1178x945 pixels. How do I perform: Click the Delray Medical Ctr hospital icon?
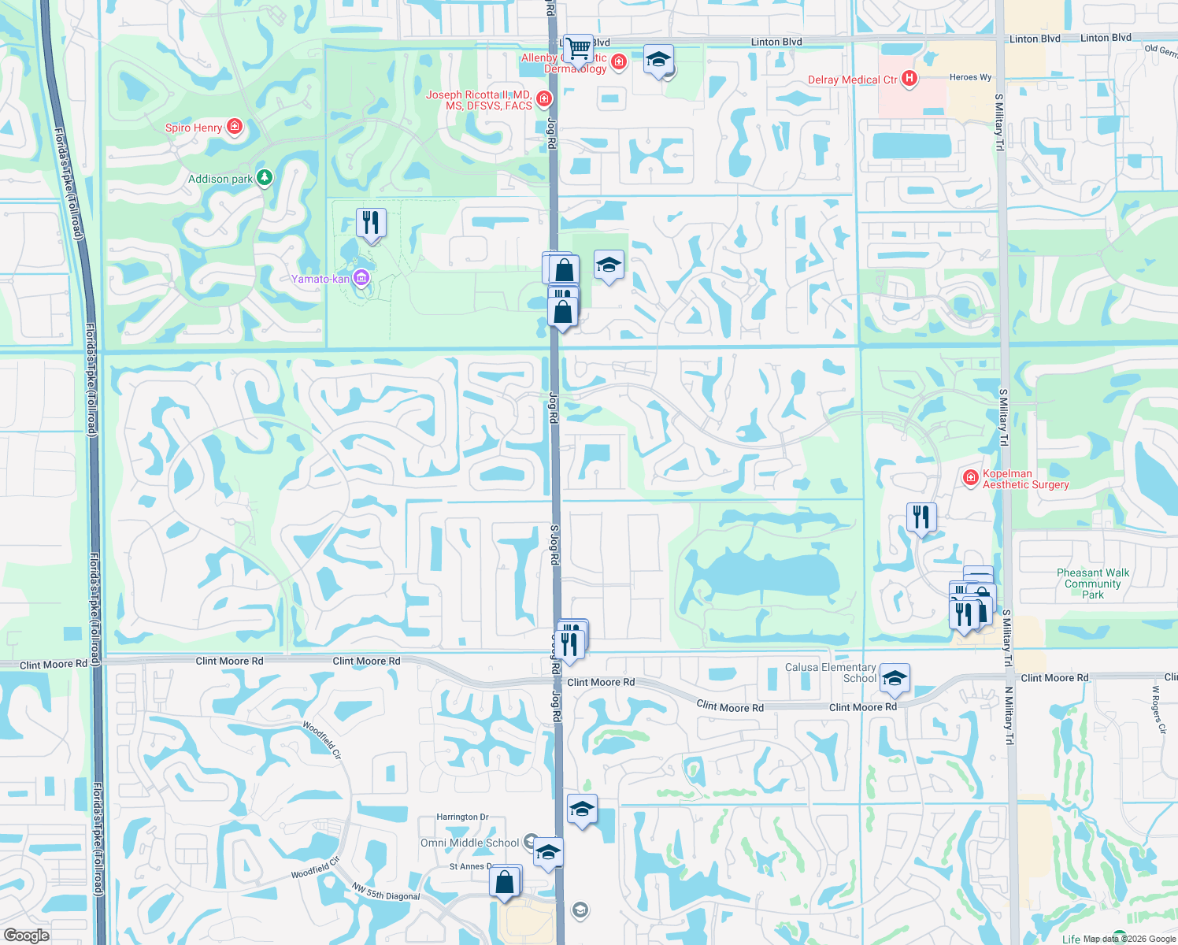(909, 78)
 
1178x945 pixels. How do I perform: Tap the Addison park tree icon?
(265, 177)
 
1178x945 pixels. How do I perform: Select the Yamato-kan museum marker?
(361, 277)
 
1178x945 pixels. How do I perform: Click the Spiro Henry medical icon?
(234, 126)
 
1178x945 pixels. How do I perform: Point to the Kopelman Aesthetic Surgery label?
(1025, 479)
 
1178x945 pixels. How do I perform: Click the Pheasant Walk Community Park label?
(1092, 584)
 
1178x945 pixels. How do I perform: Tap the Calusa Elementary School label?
(830, 673)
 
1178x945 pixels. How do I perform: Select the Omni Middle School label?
(469, 843)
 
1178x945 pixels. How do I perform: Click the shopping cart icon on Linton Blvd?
(579, 49)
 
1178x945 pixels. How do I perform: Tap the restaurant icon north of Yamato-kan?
(371, 223)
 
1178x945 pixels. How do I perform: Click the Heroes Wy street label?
(970, 77)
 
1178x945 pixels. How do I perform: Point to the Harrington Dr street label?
(462, 817)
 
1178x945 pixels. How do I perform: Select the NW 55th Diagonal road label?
(385, 891)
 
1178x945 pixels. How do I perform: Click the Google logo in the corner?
(26, 935)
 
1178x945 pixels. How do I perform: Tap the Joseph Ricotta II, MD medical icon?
(543, 98)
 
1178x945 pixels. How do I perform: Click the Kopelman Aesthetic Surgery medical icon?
(971, 477)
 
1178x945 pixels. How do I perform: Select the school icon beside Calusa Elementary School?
(895, 678)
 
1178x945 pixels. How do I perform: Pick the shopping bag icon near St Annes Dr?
(505, 881)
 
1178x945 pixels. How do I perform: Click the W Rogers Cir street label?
(1158, 710)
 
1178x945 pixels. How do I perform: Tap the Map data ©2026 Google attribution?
(1129, 939)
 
